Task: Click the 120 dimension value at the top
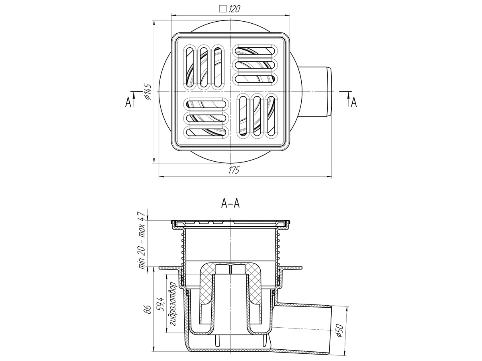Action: pos(234,9)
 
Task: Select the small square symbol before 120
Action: pos(223,9)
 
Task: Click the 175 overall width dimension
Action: pos(234,170)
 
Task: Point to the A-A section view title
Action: pos(230,204)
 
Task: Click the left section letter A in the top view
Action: pos(128,102)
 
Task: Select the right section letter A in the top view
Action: pos(354,102)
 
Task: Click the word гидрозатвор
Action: pos(173,307)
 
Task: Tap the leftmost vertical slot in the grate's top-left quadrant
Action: pos(190,67)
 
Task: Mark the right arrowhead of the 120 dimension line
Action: pos(287,15)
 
